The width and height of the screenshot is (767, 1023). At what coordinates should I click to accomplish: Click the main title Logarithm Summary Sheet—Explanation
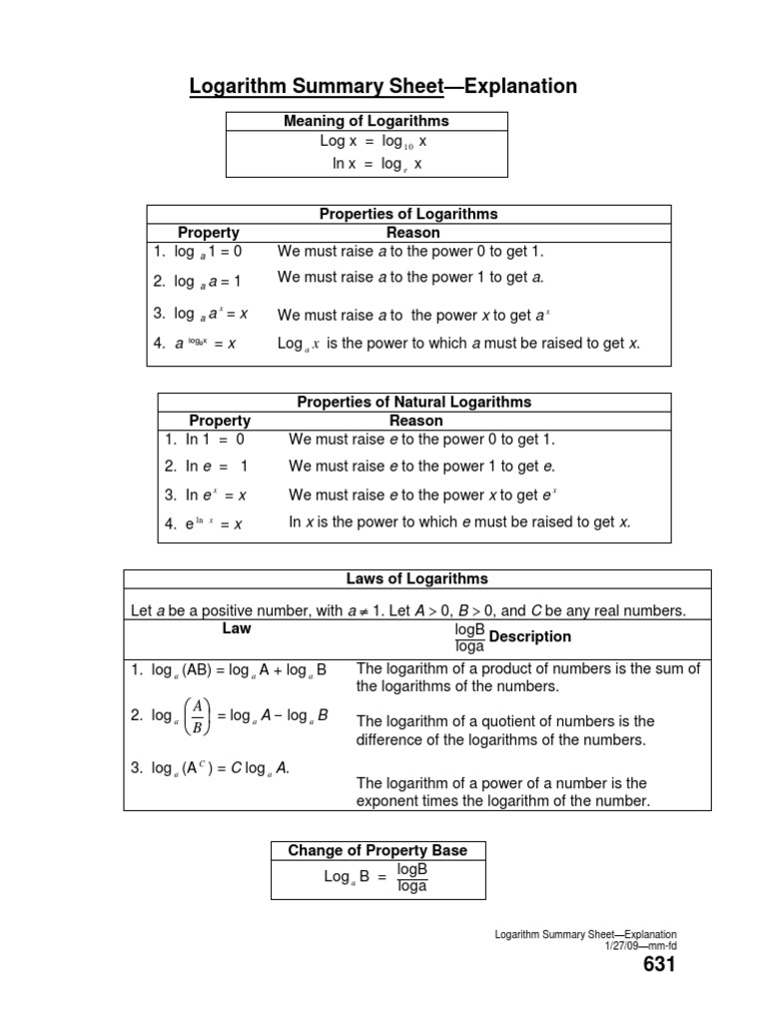click(383, 87)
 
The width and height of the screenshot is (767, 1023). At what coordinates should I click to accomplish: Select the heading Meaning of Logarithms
click(367, 121)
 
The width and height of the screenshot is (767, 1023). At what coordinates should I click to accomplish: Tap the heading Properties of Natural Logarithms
click(414, 402)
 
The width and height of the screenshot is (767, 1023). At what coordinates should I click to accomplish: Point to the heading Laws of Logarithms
click(416, 578)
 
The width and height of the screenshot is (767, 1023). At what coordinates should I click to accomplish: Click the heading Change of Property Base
click(378, 850)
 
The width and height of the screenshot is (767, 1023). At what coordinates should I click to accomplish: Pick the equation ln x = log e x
click(367, 164)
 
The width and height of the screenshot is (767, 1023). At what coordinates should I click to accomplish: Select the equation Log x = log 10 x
click(367, 143)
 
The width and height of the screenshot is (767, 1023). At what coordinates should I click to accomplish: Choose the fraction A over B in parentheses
click(198, 716)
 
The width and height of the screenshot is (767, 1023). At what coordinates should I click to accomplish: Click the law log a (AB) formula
click(229, 669)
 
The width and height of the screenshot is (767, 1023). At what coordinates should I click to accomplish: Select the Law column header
click(237, 628)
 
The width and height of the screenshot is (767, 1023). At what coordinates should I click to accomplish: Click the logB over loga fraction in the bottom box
click(412, 878)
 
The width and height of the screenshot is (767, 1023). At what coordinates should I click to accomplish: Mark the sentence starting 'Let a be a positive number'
click(408, 609)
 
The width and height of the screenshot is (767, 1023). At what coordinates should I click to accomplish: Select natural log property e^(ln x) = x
click(204, 523)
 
